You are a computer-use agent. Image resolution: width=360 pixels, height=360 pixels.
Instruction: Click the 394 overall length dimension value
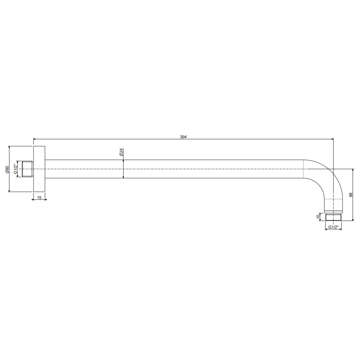(183, 137)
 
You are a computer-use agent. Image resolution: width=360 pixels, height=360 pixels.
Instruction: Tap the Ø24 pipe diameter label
(121, 152)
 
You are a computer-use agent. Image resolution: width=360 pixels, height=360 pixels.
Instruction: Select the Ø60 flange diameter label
(7, 169)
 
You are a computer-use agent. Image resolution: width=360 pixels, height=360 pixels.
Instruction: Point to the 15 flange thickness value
(39, 198)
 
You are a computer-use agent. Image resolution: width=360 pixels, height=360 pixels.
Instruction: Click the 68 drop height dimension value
(351, 195)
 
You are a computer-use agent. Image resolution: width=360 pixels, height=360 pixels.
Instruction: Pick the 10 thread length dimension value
(318, 216)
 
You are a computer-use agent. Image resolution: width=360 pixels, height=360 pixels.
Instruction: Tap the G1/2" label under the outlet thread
(333, 227)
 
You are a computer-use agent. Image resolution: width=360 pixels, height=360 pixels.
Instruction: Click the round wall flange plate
(39, 169)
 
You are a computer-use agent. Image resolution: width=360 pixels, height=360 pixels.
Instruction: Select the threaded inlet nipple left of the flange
(28, 169)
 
